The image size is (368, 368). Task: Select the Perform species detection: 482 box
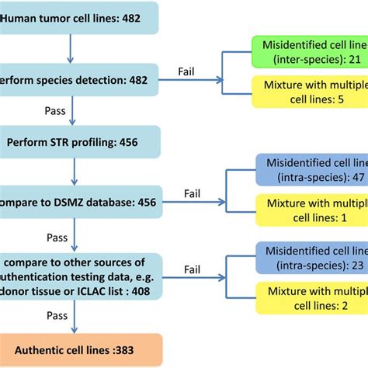coord(78,79)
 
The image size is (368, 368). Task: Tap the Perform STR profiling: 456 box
coord(78,142)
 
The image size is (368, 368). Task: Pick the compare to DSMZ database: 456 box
coord(78,201)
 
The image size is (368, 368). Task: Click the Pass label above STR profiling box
coord(54,111)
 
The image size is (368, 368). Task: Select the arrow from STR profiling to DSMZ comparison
coord(72,172)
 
